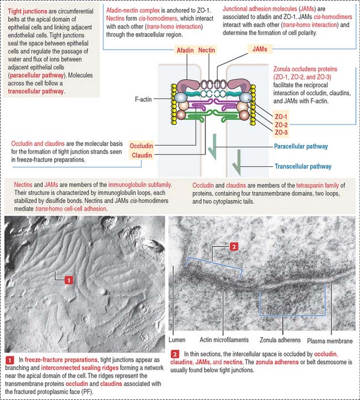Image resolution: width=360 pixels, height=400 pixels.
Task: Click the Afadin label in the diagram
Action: click(185, 50)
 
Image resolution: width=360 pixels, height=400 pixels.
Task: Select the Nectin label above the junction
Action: click(207, 50)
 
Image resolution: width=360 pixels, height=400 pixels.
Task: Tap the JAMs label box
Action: click(260, 49)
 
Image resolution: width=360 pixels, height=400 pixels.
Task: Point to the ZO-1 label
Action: click(281, 116)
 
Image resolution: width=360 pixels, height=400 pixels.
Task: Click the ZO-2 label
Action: click(281, 125)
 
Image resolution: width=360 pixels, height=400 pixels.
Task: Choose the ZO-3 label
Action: click(281, 132)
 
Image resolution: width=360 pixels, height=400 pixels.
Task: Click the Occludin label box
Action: click(141, 146)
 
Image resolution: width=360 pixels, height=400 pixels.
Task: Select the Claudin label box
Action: click(142, 155)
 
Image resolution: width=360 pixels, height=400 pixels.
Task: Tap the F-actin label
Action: click(143, 99)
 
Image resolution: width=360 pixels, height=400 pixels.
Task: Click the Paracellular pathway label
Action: click(301, 146)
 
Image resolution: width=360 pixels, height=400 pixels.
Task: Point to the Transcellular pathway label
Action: click(303, 166)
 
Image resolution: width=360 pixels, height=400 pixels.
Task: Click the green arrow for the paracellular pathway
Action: click(213, 147)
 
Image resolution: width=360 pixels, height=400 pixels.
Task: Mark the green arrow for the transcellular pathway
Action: click(237, 162)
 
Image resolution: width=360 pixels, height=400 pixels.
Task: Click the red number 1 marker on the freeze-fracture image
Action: click(69, 280)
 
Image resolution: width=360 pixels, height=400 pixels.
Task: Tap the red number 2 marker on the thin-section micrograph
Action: click(234, 247)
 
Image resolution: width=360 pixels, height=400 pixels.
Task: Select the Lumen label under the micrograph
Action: click(177, 340)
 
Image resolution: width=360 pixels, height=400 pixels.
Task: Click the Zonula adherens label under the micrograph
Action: click(280, 340)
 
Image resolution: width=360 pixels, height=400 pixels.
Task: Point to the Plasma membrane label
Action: click(330, 341)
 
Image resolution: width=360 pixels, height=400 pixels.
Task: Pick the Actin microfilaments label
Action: click(224, 340)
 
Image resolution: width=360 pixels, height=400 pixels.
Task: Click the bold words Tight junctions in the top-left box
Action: click(27, 11)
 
